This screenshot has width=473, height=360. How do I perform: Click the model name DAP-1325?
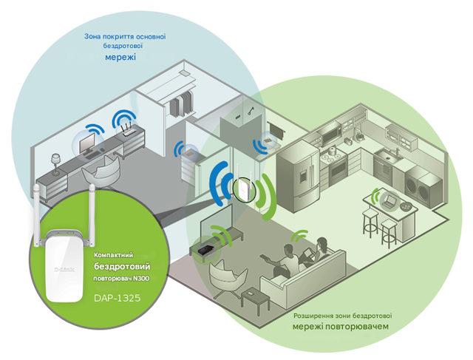[117, 298]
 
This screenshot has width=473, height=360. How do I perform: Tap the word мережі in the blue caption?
[120, 57]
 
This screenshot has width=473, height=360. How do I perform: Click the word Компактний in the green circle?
[113, 255]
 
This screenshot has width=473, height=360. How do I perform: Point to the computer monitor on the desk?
[86, 143]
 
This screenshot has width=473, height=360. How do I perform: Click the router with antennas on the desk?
[128, 129]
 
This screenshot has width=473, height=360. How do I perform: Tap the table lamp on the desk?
[55, 163]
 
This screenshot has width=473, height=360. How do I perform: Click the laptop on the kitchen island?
[389, 201]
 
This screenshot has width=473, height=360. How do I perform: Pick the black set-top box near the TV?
[206, 249]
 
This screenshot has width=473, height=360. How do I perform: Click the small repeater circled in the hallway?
[244, 186]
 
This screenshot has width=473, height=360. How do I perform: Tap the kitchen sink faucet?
[398, 151]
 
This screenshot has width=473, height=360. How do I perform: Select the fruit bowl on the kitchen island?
[406, 206]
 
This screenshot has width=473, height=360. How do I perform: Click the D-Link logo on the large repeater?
[64, 269]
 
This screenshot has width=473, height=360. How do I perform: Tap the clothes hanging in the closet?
[180, 103]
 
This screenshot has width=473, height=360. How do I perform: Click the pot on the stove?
[332, 149]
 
